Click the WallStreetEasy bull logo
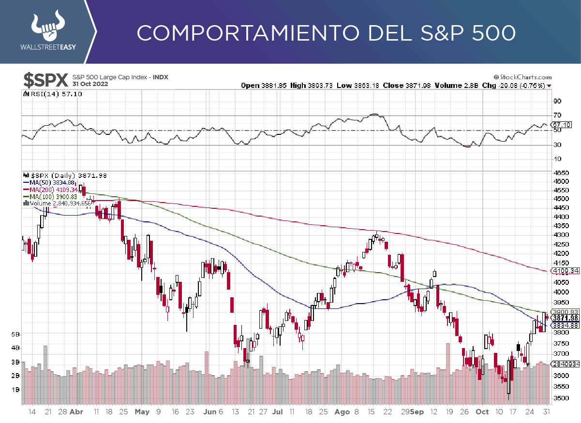[48, 27]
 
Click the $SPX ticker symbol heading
[46, 80]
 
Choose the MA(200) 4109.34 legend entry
[54, 190]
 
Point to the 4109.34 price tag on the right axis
[566, 271]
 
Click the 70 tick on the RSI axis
[557, 115]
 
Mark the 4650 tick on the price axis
[561, 173]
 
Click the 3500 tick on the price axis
[561, 398]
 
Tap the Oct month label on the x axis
[482, 412]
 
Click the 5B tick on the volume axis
[15, 334]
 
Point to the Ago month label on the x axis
[342, 412]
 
